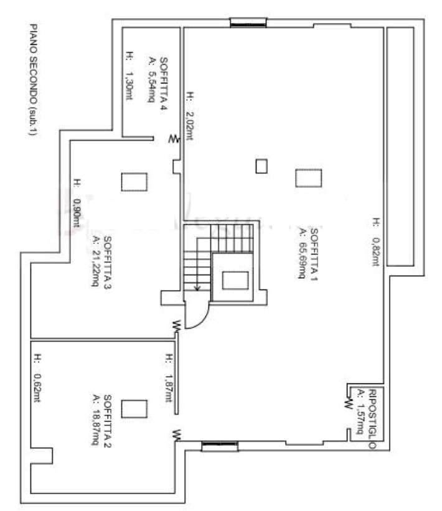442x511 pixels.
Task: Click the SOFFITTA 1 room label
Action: point(314,255)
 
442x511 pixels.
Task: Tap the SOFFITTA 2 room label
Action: point(107,421)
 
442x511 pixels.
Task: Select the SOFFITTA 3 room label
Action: point(107,262)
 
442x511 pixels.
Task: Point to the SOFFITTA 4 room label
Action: point(163,84)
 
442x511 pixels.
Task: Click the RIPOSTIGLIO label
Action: point(372,419)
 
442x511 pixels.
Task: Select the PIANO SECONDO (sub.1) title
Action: point(33,79)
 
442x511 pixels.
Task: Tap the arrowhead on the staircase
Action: point(197,288)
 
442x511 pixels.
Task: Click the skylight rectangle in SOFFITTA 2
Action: point(134,409)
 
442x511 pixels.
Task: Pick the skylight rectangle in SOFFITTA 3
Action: point(134,182)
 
